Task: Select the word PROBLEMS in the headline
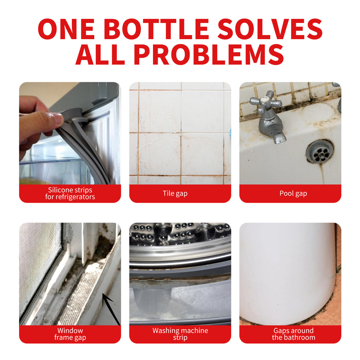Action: (209, 55)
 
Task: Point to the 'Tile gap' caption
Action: (175, 193)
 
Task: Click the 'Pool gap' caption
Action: (293, 193)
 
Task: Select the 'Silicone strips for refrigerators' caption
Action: (70, 193)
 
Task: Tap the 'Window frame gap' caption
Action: (70, 334)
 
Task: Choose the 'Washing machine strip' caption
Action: (180, 334)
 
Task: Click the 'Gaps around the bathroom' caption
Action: (293, 334)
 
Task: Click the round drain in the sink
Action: (320, 151)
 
